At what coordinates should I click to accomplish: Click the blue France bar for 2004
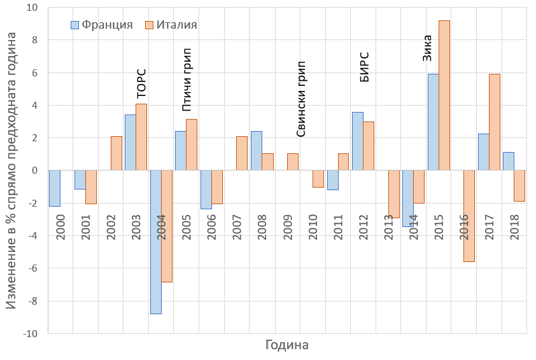[x=155, y=242]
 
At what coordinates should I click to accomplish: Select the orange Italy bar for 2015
[x=444, y=95]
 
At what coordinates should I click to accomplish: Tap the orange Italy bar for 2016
[x=469, y=216]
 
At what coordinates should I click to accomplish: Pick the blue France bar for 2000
[x=55, y=188]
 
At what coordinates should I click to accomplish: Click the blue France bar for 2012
[x=357, y=141]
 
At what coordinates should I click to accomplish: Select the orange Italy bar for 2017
[x=495, y=122]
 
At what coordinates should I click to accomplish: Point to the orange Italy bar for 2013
[x=394, y=194]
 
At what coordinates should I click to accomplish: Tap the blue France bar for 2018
[x=508, y=161]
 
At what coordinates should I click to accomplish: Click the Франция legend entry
[x=101, y=25]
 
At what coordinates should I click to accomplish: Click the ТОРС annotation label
[x=141, y=83]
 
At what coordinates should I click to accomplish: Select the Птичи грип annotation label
[x=187, y=80]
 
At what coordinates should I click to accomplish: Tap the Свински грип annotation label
[x=301, y=99]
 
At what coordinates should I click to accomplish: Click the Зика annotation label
[x=428, y=48]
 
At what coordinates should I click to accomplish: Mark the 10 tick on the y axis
[x=32, y=8]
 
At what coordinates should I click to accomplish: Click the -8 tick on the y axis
[x=32, y=301]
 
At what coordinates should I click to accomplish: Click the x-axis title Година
[x=286, y=346]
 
